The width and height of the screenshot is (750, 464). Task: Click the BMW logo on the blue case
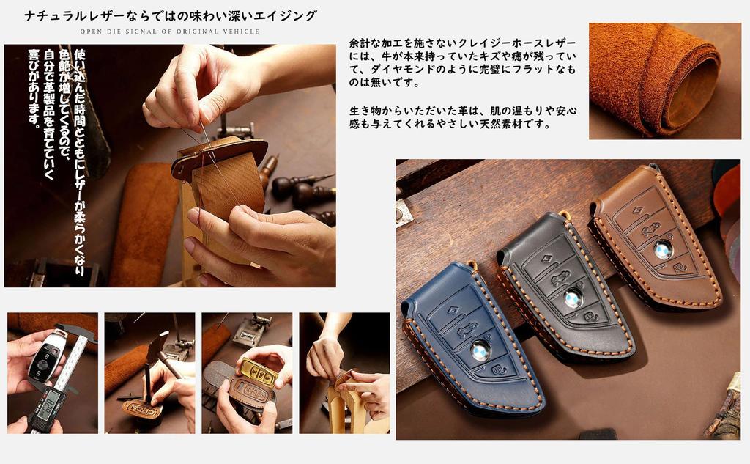[480, 350]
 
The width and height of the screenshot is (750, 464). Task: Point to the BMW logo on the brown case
[663, 249]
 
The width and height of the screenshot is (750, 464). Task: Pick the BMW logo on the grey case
[573, 298]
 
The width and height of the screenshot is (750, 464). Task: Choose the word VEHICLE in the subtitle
[241, 32]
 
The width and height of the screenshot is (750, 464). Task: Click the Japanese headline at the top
[170, 15]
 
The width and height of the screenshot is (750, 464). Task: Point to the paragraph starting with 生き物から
[462, 117]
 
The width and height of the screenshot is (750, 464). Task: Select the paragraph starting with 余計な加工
[462, 62]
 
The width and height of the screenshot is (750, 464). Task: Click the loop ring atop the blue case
[472, 265]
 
